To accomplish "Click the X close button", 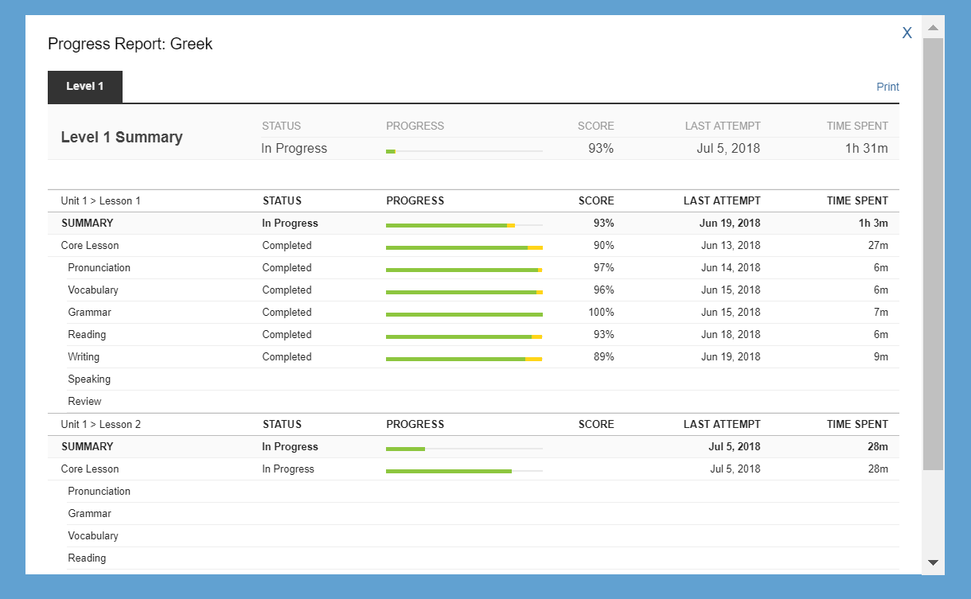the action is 907,33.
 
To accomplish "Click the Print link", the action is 887,87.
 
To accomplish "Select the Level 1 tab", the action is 85,87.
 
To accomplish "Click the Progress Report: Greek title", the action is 130,44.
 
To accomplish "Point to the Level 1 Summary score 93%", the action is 600,148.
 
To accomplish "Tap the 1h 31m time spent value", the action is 866,148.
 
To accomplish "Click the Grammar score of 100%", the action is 601,313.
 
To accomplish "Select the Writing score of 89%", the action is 603,357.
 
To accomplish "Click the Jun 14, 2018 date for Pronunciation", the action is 731,267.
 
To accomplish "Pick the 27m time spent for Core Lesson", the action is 878,246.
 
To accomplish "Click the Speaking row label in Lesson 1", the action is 89,379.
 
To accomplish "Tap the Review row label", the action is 84,402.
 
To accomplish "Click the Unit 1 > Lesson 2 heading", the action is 100,425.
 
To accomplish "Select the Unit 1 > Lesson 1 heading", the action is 100,201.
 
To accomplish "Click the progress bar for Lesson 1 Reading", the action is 464,336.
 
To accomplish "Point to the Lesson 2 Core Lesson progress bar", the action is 464,471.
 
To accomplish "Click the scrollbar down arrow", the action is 933,562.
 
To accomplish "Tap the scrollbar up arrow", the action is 933,28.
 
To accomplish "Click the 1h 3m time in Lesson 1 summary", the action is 873,223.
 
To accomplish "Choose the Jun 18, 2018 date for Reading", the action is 731,335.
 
